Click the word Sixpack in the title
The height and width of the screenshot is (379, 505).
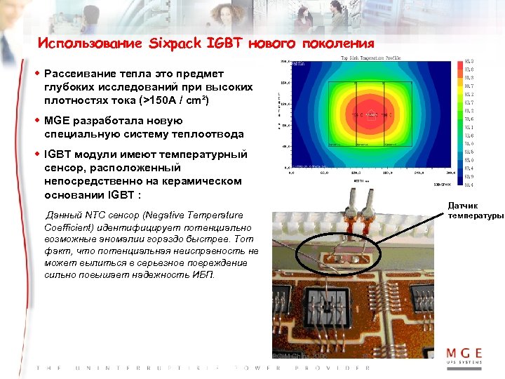pyautogui.click(x=177, y=44)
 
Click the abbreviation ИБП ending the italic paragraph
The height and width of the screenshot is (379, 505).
pyautogui.click(x=206, y=274)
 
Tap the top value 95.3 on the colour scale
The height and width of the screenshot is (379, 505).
pyautogui.click(x=469, y=62)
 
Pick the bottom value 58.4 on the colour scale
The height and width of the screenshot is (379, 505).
pyautogui.click(x=469, y=185)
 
